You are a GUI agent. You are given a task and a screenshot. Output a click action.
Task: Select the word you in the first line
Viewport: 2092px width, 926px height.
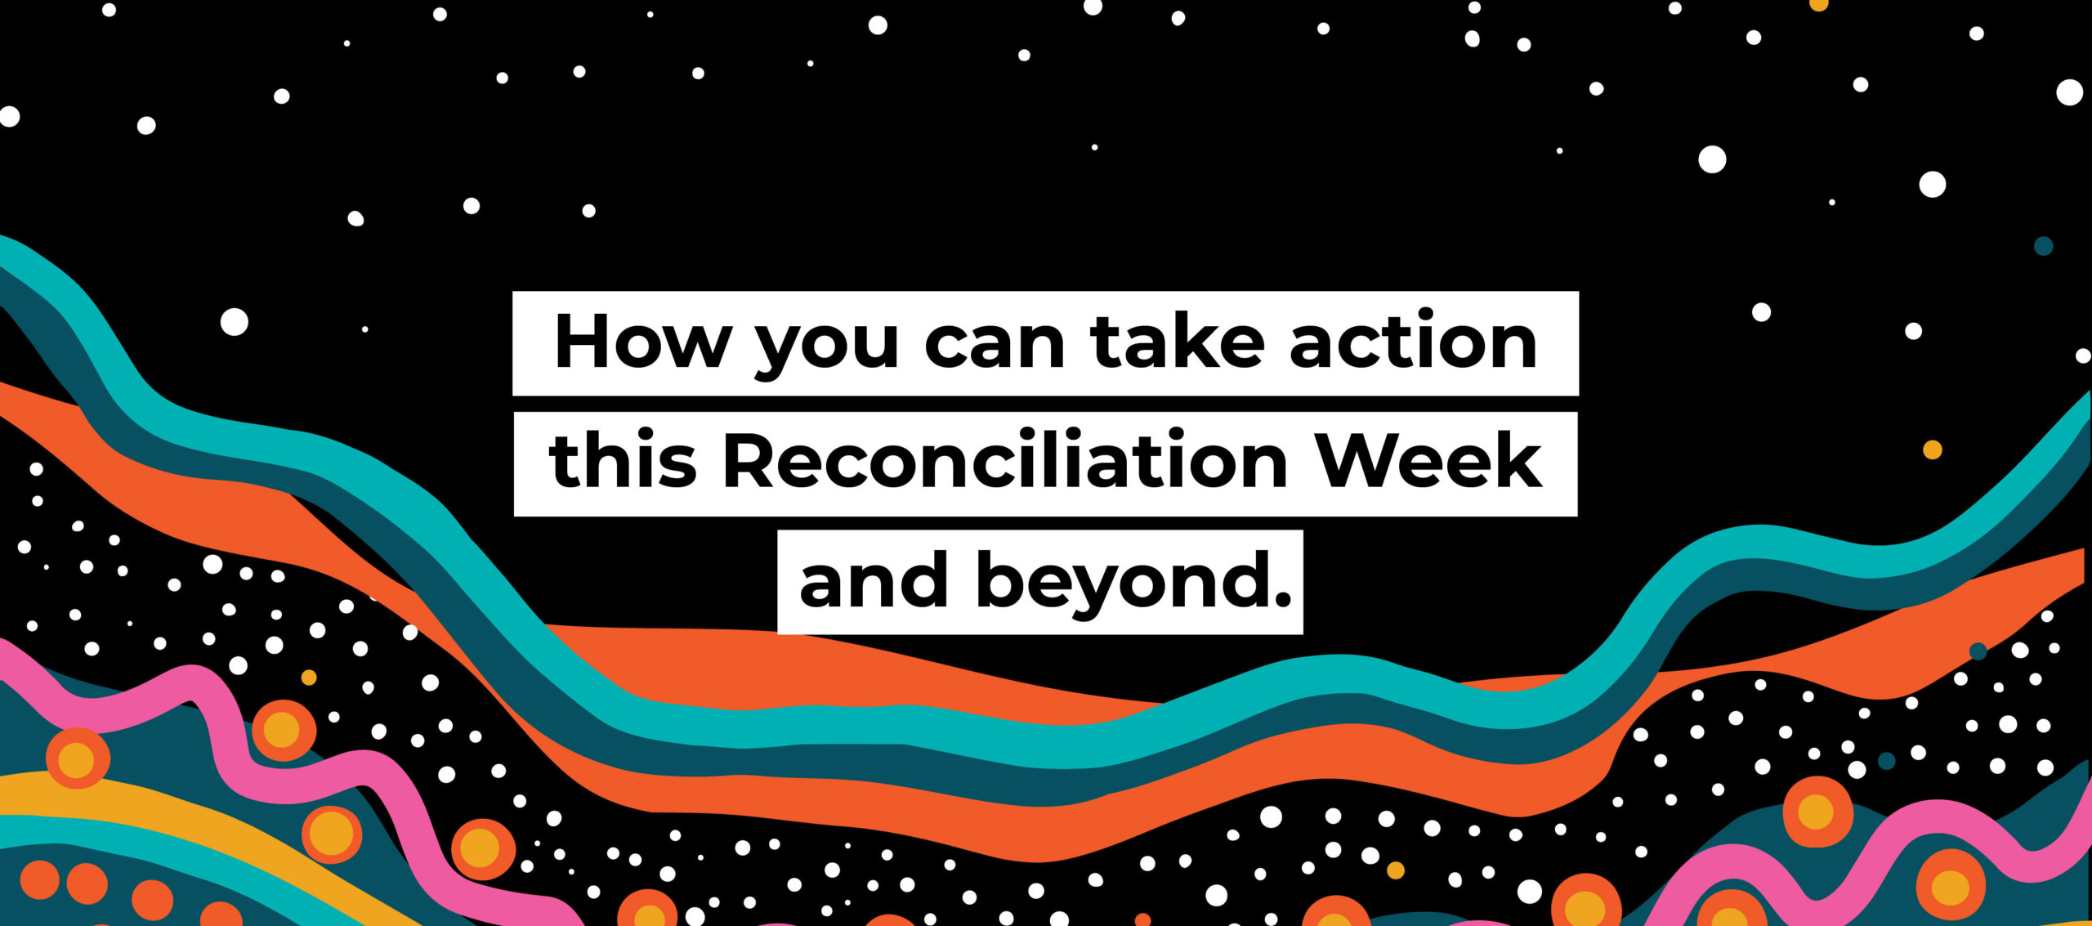826,347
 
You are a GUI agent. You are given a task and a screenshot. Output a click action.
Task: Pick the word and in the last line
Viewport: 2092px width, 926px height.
874,581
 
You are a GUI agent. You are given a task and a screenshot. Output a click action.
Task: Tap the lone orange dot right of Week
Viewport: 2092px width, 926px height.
1932,450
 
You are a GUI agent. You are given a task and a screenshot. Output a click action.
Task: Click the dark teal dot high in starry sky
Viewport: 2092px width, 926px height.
2043,246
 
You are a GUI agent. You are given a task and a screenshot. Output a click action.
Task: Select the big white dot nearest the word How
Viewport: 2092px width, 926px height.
235,322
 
